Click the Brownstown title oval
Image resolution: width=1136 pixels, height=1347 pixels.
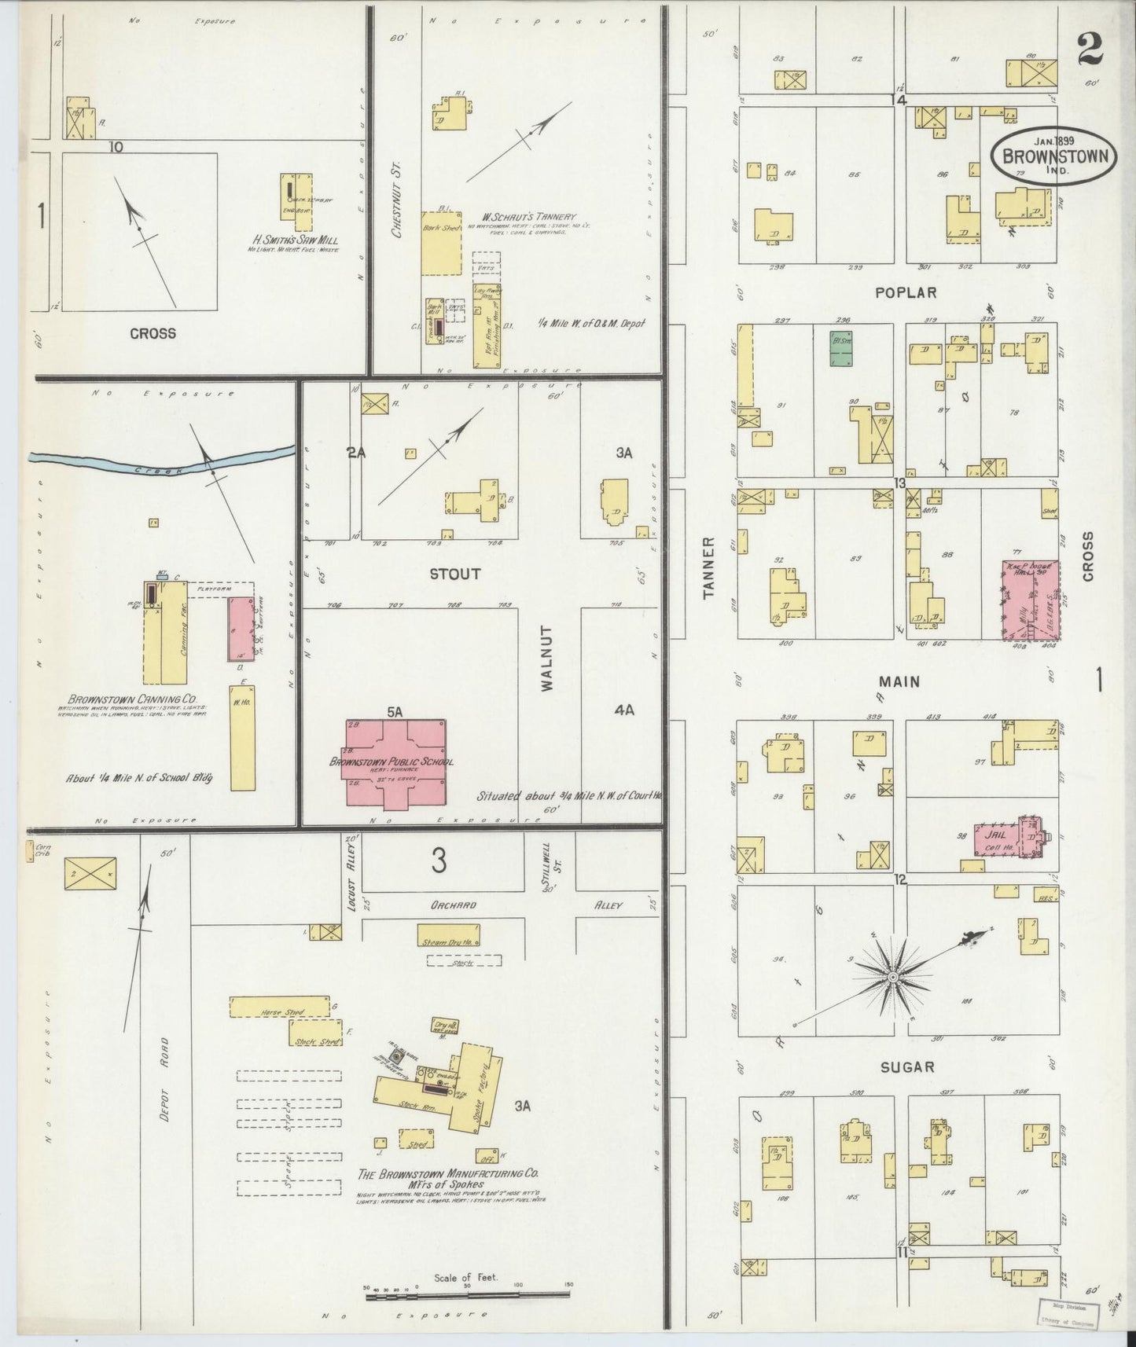[1054, 155]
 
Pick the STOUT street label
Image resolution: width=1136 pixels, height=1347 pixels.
[454, 574]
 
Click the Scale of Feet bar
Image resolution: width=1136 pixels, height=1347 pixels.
[469, 1291]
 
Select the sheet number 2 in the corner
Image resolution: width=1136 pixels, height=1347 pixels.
[1090, 50]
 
